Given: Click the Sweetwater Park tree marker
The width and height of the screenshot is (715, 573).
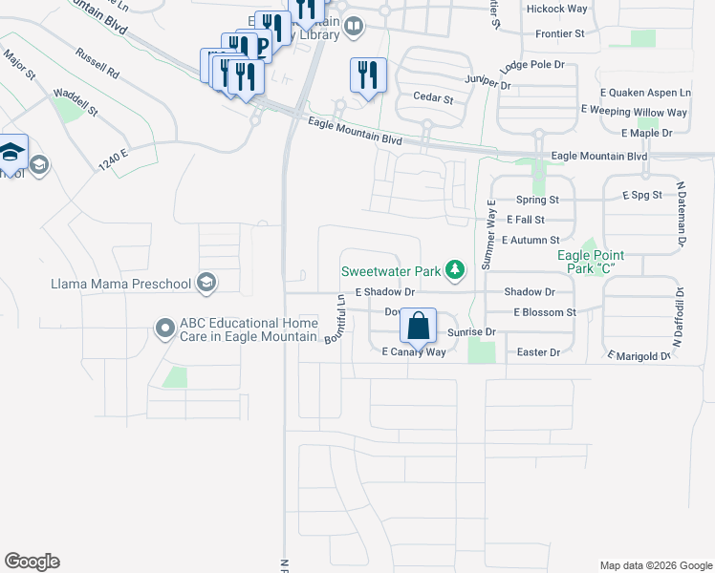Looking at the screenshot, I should coord(456,271).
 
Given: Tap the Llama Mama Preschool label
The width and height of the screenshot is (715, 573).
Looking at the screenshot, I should coord(121,283).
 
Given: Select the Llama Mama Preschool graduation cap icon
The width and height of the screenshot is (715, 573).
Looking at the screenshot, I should coord(206,283).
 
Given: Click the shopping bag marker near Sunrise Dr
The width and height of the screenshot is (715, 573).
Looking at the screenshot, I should coord(419,326).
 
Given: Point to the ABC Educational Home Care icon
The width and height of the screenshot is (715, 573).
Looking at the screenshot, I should coord(165,329).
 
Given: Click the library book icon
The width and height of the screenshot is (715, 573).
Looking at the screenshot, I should coord(354,26).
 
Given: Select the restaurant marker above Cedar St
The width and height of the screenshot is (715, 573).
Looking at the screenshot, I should coord(368,74).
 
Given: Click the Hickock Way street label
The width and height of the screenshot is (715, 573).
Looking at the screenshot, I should coord(556,9).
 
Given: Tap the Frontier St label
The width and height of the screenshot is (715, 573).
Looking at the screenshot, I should coord(560,33).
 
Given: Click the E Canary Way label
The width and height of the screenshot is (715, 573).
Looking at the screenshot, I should coord(414,352).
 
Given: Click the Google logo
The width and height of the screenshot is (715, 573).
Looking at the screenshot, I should coord(32,562).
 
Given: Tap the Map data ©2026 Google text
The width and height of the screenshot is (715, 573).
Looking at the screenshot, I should coord(656,565).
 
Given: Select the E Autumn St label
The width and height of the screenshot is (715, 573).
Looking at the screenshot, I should coord(529,240).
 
